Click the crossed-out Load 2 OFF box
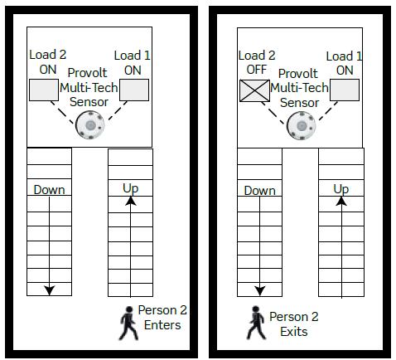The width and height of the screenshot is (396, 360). point(254,90)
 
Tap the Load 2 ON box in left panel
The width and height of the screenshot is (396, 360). point(44,90)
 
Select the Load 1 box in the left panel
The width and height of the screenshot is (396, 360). point(134,90)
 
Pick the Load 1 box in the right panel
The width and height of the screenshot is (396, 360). point(345,90)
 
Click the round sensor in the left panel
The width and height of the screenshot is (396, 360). point(90,125)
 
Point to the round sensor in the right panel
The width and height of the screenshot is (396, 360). point(301,125)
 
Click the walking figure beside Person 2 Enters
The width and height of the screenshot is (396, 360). point(128,323)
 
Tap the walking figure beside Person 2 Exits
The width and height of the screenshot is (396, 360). point(256,323)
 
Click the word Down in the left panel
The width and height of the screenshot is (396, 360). point(49,190)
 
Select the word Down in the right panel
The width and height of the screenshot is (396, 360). point(260,191)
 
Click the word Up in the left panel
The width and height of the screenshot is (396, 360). point(131,189)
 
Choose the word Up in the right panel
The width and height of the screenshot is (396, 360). point(341,190)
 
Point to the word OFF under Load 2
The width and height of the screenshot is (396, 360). point(257,70)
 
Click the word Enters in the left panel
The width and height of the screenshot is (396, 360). point(162,325)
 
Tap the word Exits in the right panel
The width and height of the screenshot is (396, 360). point(294,332)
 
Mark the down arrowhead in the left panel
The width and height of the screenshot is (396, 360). point(50,290)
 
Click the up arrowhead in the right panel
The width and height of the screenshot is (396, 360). point(341,201)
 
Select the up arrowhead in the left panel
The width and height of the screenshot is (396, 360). point(131,201)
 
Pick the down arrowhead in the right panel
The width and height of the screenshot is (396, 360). point(260,291)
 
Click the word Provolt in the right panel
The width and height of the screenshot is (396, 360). point(298,74)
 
